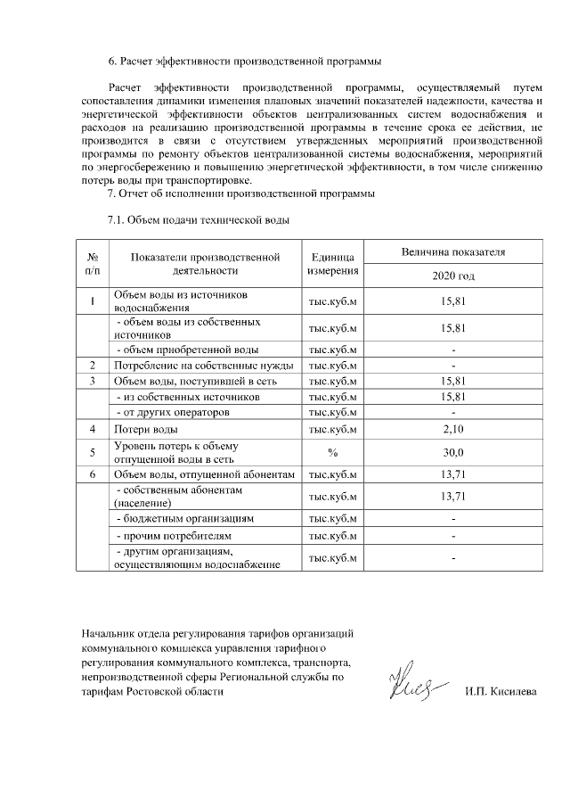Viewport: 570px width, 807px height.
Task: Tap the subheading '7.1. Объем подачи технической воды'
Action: point(199,218)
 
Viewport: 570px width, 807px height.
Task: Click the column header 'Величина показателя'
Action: point(453,252)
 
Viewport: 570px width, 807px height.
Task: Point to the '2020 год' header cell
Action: point(453,276)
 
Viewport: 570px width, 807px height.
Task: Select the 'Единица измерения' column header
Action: point(332,264)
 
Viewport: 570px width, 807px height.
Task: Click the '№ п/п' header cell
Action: point(93,264)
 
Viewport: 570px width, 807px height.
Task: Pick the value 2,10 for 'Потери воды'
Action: point(453,430)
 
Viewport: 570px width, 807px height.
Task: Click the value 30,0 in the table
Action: point(453,452)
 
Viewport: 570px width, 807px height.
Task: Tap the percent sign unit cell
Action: point(332,452)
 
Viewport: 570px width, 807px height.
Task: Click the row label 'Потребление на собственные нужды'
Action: point(204,366)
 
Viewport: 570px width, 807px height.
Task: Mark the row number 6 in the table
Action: point(93,474)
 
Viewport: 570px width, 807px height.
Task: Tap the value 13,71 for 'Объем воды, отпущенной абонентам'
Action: point(453,474)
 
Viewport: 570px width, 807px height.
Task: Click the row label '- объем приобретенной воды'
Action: point(188,350)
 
